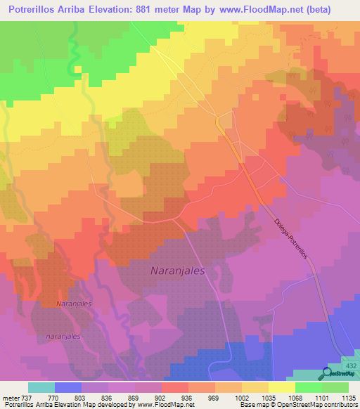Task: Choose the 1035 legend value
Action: coord(268,397)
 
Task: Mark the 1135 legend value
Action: coord(348,397)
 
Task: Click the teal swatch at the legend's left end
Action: coord(41,387)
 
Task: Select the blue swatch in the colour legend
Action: coord(68,387)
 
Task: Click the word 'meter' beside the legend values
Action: coord(11,397)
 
